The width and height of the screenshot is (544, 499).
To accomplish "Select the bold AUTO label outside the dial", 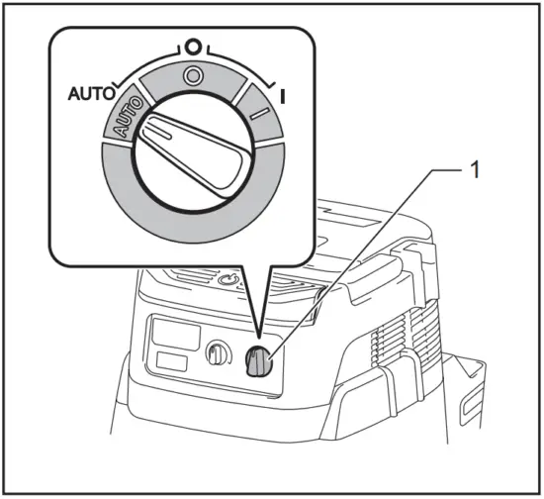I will coord(89,95).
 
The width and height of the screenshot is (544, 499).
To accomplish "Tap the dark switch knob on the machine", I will coord(259,363).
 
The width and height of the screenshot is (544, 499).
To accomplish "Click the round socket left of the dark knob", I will coord(217,354).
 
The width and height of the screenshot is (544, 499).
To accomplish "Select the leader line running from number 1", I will coord(356,257).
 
